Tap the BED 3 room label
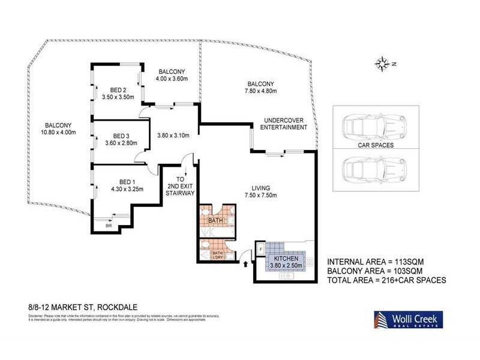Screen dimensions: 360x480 click(121, 136)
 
